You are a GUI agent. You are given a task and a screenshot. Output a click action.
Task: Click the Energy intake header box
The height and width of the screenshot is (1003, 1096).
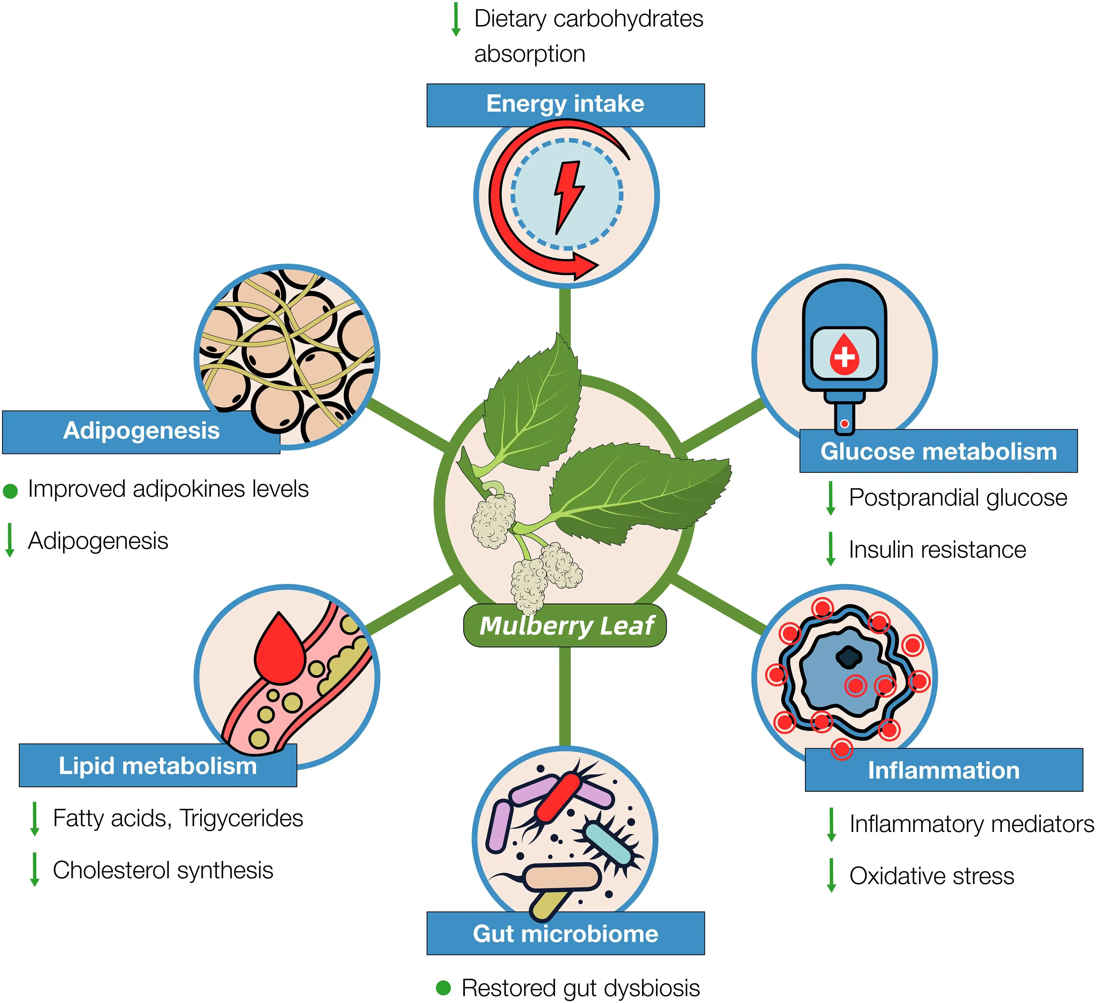565,105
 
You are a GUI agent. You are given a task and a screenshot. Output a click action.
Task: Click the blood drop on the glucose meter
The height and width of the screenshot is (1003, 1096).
844,355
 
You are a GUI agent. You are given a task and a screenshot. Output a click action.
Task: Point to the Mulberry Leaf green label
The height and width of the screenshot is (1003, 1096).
565,626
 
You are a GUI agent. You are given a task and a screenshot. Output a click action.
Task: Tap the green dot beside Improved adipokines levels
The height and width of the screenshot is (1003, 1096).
10,491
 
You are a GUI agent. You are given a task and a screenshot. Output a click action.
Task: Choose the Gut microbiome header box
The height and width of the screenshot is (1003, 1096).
565,933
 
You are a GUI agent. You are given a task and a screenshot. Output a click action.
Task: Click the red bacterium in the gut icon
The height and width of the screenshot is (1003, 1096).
557,797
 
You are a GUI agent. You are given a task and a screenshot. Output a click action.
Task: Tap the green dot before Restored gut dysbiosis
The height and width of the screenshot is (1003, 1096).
444,987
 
